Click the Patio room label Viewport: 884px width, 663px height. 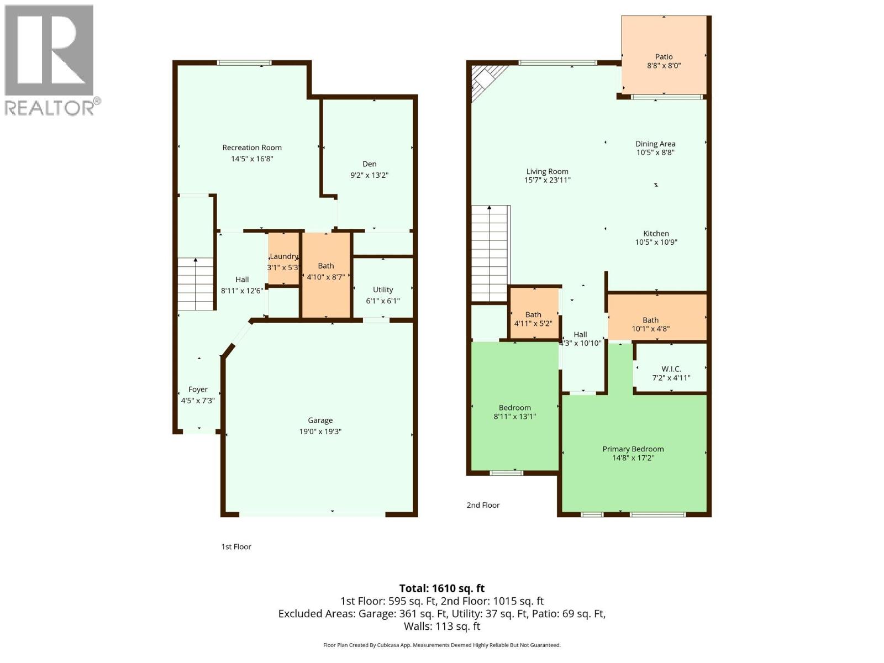tap(664, 57)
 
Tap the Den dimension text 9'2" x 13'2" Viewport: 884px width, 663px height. tap(369, 175)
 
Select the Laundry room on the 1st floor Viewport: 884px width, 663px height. tap(283, 260)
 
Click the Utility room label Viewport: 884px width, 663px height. tap(382, 290)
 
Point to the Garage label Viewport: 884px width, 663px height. tap(320, 420)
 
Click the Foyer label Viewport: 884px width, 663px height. tap(198, 390)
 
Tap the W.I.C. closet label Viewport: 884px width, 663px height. tap(671, 369)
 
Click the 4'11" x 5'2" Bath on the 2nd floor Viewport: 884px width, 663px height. tap(533, 319)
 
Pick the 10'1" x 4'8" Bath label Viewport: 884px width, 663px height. tap(650, 320)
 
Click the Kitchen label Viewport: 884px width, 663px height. tap(656, 234)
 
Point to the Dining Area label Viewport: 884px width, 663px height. tap(655, 144)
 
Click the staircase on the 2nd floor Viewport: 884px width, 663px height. tap(490, 254)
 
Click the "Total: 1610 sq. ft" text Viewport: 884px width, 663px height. tap(441, 588)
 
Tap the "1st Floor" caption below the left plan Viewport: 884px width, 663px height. tap(236, 546)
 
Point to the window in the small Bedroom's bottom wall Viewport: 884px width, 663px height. tap(506, 472)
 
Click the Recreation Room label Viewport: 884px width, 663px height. tap(252, 148)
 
